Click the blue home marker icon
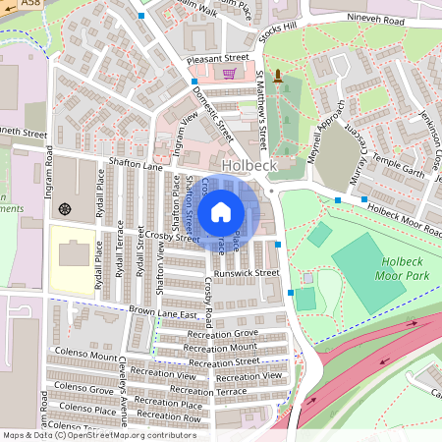pos(221,211)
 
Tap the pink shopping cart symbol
pos(229,74)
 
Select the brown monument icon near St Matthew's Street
pos(278,76)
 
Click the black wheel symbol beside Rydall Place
pos(65,208)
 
